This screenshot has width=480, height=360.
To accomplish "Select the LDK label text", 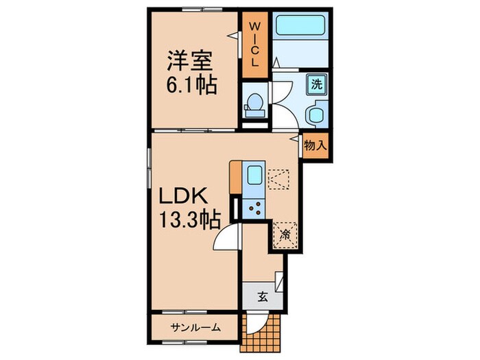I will point(184,197).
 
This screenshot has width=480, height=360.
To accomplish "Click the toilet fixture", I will point(253,103).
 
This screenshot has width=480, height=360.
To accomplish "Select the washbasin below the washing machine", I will point(317,114).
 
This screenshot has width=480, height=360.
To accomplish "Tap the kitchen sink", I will point(252,177).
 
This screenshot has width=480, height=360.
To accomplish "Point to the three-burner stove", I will point(254,206).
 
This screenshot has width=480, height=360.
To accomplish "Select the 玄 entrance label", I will point(263,296).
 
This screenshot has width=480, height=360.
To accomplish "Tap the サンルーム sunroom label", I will point(195,327).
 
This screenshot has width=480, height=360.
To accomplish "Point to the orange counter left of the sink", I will point(236,180).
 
